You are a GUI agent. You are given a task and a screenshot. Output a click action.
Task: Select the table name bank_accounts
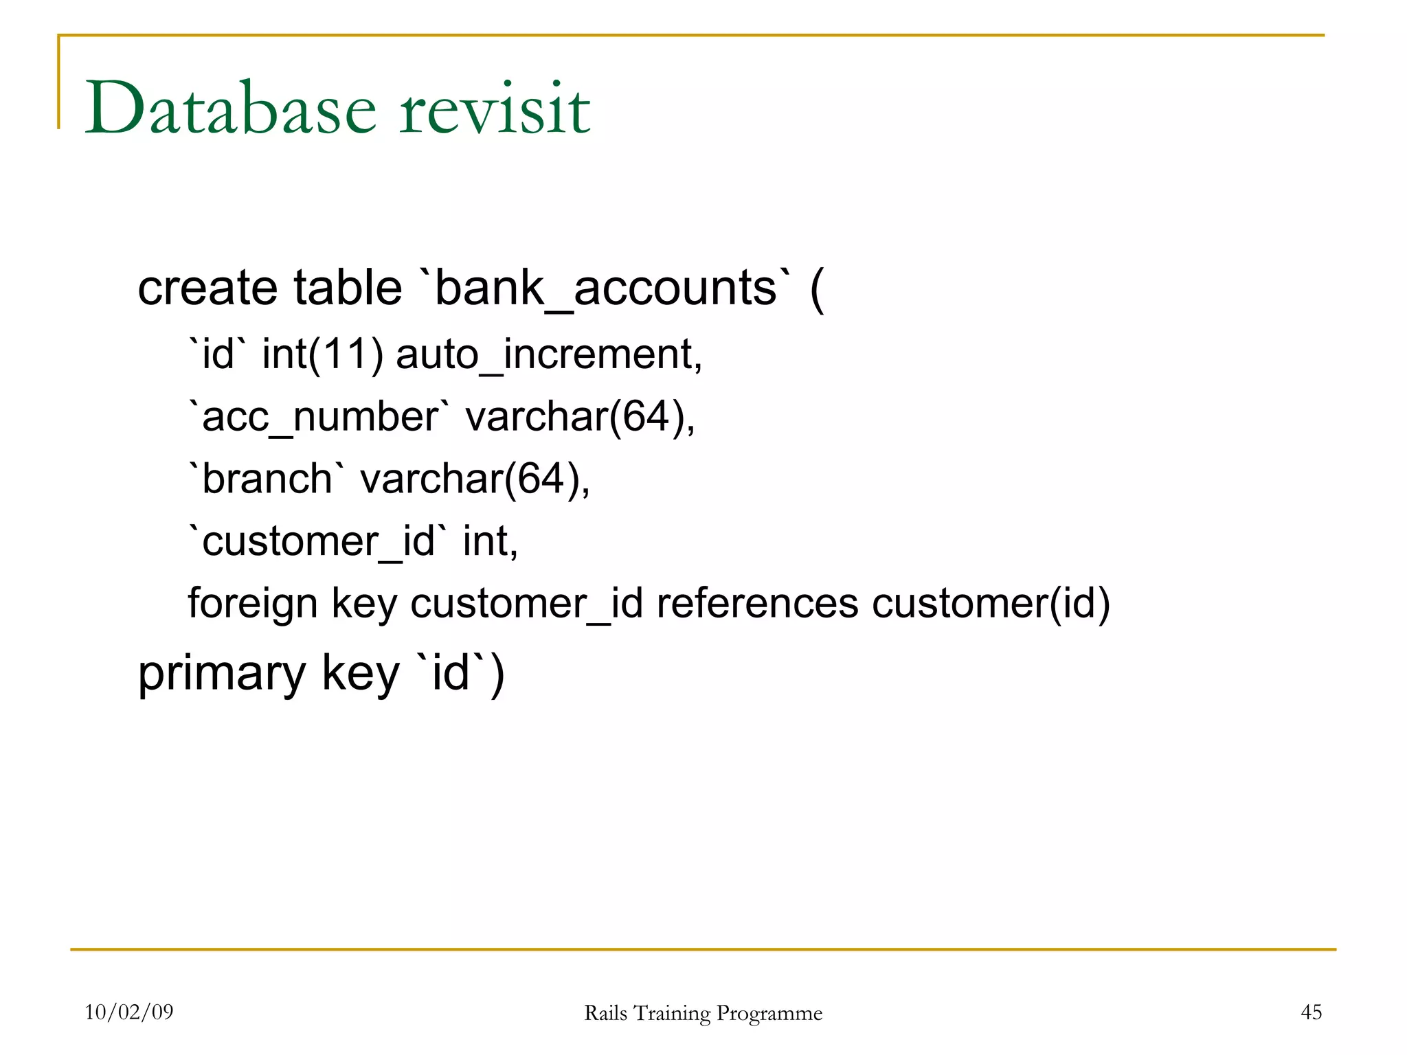pyautogui.click(x=606, y=288)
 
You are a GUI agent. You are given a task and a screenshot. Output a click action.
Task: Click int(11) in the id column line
pyautogui.click(x=322, y=355)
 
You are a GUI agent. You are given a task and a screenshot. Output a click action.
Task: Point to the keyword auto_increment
pyautogui.click(x=548, y=355)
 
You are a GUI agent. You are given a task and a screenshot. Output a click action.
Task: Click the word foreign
pyautogui.click(x=253, y=604)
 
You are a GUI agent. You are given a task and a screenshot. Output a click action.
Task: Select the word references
pyautogui.click(x=757, y=603)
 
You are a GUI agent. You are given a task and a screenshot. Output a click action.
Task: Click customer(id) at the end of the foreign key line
pyautogui.click(x=991, y=603)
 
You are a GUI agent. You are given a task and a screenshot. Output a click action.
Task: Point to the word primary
pyautogui.click(x=222, y=674)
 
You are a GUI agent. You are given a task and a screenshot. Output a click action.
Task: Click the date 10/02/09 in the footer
pyautogui.click(x=129, y=1012)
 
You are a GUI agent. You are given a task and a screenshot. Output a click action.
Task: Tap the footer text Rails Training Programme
pyautogui.click(x=703, y=1013)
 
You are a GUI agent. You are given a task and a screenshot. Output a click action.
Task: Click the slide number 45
pyautogui.click(x=1311, y=1012)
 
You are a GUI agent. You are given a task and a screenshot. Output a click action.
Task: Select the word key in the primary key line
pyautogui.click(x=361, y=674)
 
